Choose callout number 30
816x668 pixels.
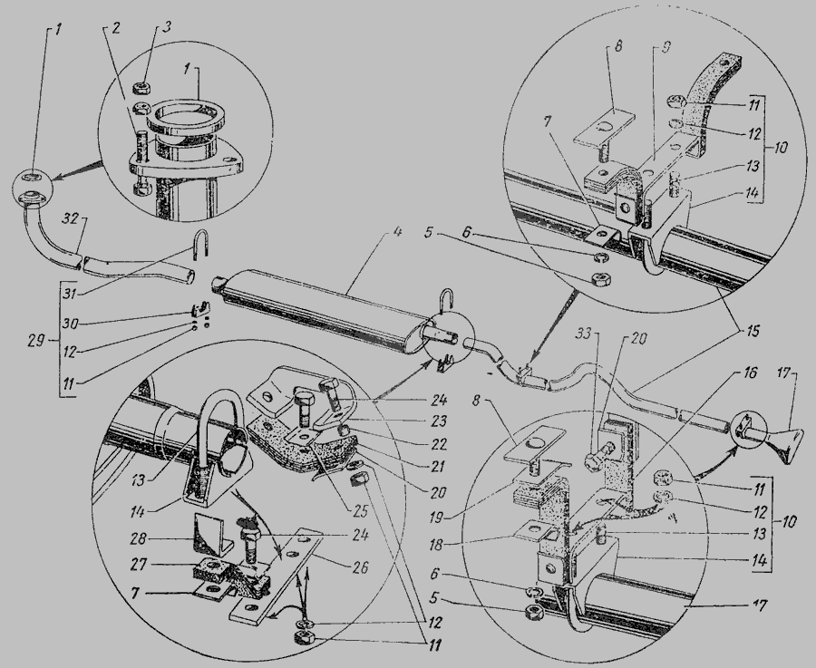(x=70, y=324)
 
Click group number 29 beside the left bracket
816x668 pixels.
(x=36, y=342)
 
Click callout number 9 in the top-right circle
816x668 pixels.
(x=666, y=47)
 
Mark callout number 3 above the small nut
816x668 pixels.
(x=166, y=27)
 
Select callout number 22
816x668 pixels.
(x=438, y=444)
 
